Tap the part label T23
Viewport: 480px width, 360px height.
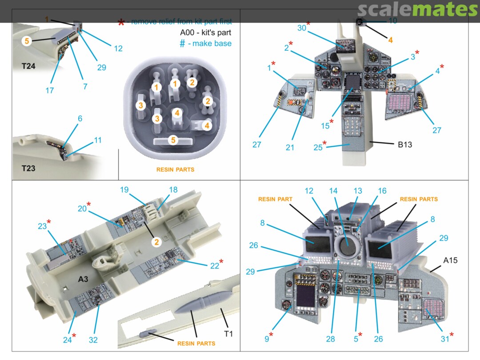click(28, 168)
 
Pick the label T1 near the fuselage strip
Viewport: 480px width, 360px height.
click(228, 334)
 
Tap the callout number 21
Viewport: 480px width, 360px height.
click(290, 148)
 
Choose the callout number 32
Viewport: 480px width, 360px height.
click(93, 340)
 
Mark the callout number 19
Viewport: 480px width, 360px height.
click(124, 190)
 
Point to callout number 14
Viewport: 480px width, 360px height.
click(333, 191)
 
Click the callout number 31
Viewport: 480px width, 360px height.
click(444, 339)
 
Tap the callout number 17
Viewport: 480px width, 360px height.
click(49, 90)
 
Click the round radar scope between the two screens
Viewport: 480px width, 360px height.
click(347, 246)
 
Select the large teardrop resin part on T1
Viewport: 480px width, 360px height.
click(202, 304)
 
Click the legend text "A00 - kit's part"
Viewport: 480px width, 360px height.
click(205, 32)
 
